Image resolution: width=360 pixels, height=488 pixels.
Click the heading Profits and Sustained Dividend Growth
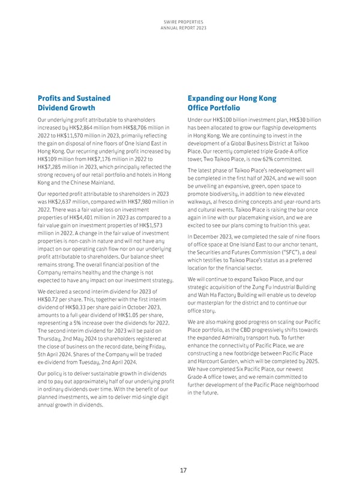[x=74, y=103]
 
